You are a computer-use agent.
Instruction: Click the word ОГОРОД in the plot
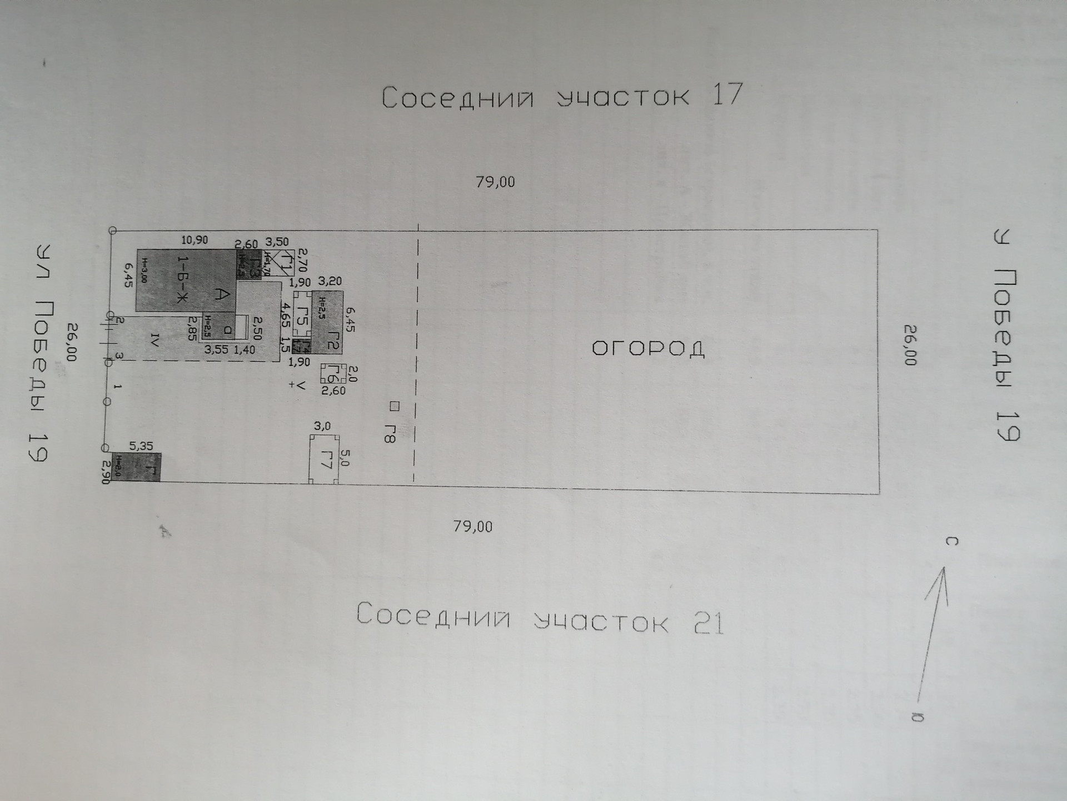(648, 349)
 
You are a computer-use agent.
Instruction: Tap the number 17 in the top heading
(727, 95)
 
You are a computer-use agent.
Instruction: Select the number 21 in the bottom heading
(709, 623)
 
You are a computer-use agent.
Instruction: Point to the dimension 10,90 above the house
(195, 240)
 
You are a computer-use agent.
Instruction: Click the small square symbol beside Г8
(395, 406)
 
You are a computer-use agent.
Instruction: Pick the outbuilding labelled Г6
(333, 373)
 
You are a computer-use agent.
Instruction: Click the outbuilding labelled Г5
(302, 315)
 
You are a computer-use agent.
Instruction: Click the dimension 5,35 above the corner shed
(141, 446)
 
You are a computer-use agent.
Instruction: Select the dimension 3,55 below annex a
(216, 350)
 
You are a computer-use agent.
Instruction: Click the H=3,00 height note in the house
(143, 270)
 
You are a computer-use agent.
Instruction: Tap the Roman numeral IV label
(155, 340)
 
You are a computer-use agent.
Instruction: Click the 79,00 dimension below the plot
(473, 526)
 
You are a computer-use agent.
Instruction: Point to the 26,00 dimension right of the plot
(909, 345)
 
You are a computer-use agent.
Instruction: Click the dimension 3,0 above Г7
(322, 426)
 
